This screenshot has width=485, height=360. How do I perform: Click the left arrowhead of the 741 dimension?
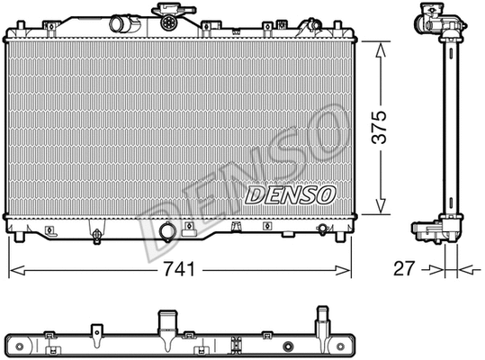13,268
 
